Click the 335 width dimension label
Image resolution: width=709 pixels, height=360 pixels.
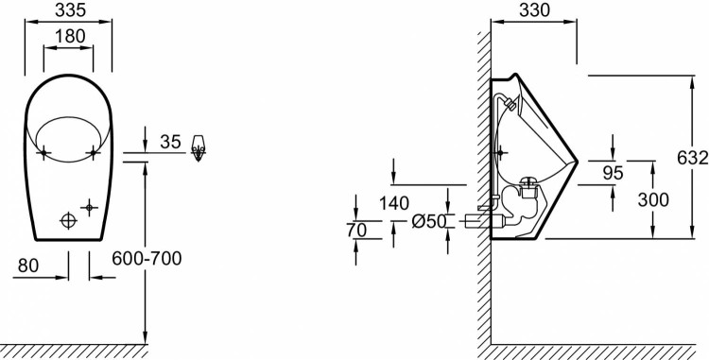[x=70, y=10]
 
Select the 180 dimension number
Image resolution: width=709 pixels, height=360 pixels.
[x=70, y=36]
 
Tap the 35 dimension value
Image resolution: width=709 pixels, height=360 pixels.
[x=170, y=142]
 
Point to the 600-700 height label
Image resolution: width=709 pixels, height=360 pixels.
[x=147, y=258]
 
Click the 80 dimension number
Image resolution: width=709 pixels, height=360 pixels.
[x=28, y=266]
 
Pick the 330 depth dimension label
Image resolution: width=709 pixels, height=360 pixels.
[x=534, y=10]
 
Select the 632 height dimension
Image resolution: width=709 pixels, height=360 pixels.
[x=693, y=158]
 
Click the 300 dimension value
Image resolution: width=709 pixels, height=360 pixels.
[x=653, y=199]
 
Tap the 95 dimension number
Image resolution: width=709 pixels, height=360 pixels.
[x=614, y=173]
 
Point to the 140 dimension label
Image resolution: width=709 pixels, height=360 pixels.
[x=394, y=203]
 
